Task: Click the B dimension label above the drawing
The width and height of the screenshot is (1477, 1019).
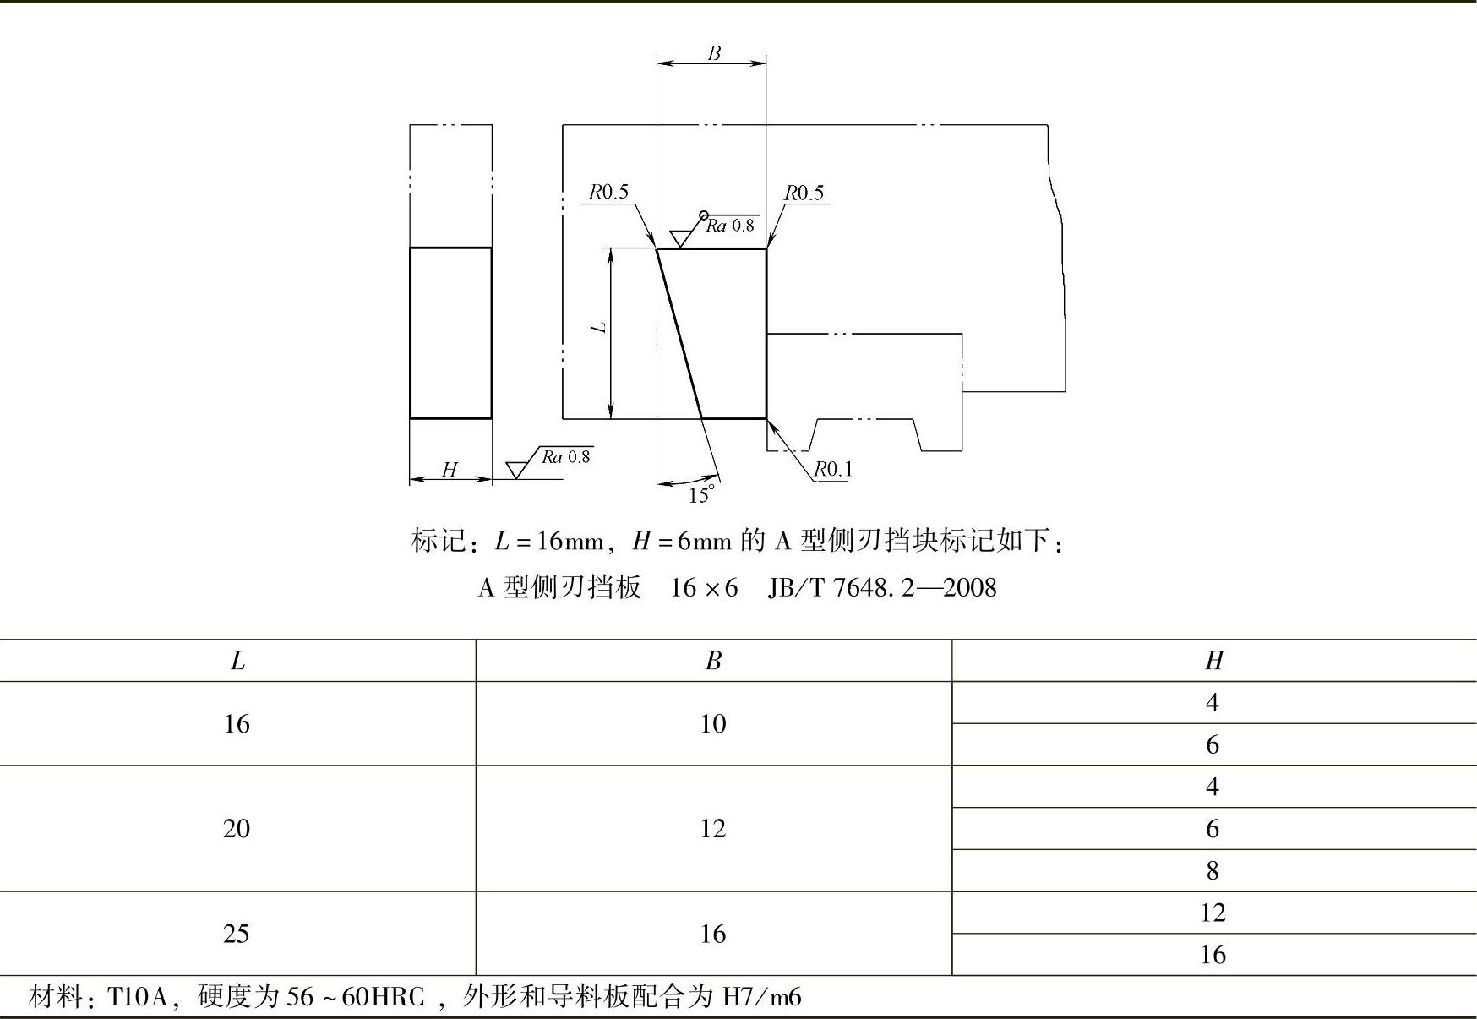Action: (x=714, y=52)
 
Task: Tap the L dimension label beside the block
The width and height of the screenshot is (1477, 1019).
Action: (x=600, y=326)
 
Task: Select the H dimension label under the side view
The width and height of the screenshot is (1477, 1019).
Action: (x=450, y=470)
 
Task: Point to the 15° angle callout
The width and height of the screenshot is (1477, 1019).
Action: (x=701, y=495)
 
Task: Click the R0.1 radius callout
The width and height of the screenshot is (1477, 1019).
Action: (x=833, y=470)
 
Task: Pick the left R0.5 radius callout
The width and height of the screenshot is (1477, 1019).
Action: (x=608, y=193)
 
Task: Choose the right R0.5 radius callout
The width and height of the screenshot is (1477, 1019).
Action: (x=804, y=193)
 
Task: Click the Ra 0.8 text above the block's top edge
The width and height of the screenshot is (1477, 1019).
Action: (x=730, y=226)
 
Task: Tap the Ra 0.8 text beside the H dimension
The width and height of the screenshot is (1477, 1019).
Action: (x=566, y=457)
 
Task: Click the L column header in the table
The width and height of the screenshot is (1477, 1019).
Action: (x=237, y=661)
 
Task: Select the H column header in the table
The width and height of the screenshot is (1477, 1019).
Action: (x=1213, y=661)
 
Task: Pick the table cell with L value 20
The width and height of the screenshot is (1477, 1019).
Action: (x=237, y=828)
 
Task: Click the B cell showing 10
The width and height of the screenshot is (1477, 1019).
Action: (x=712, y=723)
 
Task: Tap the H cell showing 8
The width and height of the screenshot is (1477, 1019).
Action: (x=1213, y=870)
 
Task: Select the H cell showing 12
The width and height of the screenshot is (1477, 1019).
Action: (x=1213, y=913)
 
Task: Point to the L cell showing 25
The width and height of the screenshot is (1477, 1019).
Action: (x=237, y=934)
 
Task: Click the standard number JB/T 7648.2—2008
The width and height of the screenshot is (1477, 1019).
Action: (x=882, y=587)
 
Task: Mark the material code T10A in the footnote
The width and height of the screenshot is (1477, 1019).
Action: (x=139, y=998)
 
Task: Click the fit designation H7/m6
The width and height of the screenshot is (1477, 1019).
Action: (x=761, y=998)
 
